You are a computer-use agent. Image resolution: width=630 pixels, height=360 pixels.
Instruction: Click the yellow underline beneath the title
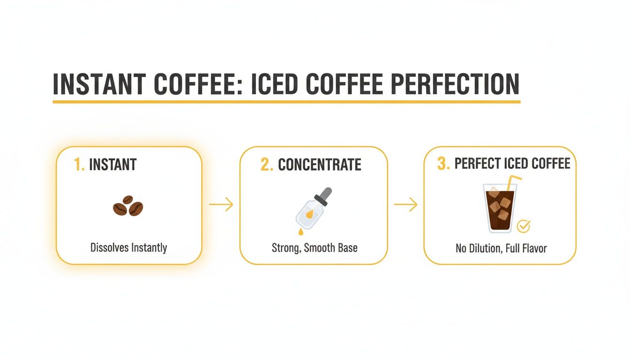click(286, 101)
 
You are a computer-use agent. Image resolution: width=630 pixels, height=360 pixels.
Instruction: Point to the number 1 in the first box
click(79, 165)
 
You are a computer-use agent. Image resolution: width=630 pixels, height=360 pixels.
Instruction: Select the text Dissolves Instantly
click(128, 247)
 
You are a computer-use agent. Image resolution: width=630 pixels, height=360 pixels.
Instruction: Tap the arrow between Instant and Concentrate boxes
click(221, 205)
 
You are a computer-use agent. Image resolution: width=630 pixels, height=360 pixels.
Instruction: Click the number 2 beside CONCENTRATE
click(266, 165)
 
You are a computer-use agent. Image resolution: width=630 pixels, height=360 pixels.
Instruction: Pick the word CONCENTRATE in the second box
click(320, 165)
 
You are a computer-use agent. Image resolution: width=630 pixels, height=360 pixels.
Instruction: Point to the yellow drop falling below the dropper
click(300, 232)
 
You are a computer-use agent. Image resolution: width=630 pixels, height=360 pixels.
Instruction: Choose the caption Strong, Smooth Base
click(315, 247)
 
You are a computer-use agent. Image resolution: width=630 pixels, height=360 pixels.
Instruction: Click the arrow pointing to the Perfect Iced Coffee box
click(405, 205)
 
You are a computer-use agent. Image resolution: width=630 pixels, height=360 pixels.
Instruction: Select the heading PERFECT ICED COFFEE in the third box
click(512, 164)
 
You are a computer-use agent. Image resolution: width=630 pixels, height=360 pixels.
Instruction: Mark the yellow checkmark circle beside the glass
click(523, 227)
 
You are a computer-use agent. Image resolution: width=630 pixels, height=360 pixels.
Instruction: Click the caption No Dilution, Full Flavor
click(501, 248)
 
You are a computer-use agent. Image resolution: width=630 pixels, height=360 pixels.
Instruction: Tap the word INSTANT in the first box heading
click(112, 165)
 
